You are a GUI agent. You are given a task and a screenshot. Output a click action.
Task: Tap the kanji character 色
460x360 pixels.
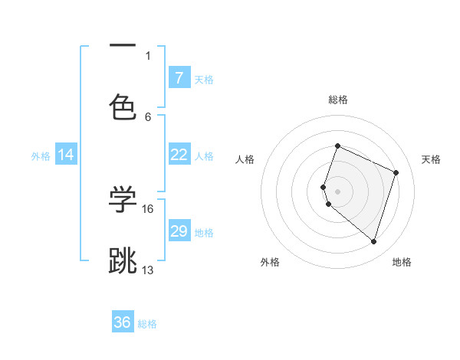point(123,107)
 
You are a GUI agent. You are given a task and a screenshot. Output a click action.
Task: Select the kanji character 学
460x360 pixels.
point(123,199)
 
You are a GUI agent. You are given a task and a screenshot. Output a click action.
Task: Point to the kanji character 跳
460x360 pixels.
point(123,260)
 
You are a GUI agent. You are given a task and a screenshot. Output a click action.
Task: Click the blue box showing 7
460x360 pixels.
point(179,78)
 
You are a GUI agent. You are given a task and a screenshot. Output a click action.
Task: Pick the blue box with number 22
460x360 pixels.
point(179,155)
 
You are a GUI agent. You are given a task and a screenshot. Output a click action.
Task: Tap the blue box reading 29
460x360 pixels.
point(179,231)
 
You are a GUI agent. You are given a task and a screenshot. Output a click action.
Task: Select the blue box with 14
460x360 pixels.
point(66,155)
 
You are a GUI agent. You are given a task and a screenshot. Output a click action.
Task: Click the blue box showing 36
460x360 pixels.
point(123,322)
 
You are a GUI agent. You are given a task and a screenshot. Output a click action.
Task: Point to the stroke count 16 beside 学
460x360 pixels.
point(148,208)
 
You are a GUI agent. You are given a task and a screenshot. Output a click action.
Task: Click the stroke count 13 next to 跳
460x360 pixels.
point(148,270)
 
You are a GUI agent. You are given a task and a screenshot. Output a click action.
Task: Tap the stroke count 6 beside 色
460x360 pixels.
point(148,116)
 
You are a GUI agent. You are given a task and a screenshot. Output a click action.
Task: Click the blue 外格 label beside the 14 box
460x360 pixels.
point(41,156)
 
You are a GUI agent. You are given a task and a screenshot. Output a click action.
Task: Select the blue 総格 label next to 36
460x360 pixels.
point(147,324)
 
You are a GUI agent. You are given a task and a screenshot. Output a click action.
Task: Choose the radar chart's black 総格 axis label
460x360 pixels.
point(338,100)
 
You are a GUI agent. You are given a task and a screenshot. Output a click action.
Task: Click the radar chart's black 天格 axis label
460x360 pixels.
point(431,159)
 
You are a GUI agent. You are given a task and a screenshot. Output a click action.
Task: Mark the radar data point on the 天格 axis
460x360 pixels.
point(396,172)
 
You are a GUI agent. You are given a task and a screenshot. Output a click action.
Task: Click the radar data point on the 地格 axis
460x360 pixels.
point(373,242)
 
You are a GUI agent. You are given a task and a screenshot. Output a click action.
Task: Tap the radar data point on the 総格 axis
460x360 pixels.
point(337,146)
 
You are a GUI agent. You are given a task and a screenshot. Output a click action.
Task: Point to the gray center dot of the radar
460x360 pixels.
point(338,191)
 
